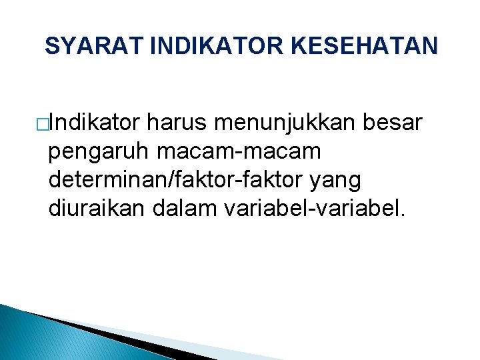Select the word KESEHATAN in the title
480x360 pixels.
[x=365, y=47]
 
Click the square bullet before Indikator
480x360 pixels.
[x=42, y=124]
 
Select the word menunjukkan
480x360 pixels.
[x=285, y=123]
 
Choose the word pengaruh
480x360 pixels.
[x=99, y=152]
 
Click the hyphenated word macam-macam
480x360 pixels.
[x=239, y=152]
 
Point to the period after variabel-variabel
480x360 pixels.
[x=401, y=215]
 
